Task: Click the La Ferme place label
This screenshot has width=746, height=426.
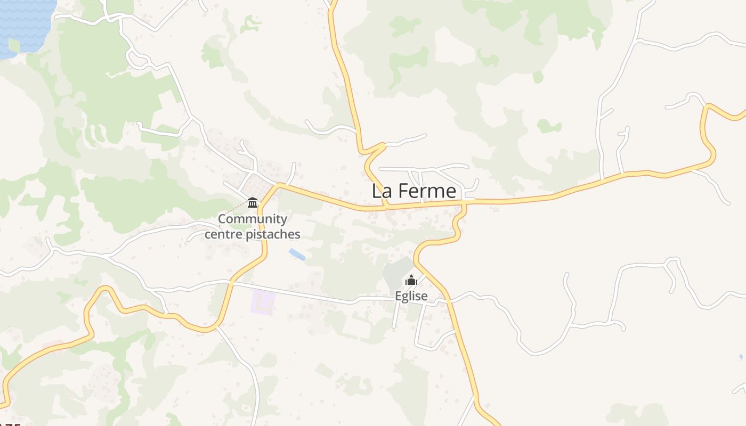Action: pos(413,191)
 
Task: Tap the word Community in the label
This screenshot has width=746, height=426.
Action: pos(253,219)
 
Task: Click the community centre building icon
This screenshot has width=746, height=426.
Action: pos(253,202)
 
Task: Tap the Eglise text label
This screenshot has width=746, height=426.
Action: pos(411,296)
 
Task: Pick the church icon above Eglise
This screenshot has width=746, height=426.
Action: pos(411,280)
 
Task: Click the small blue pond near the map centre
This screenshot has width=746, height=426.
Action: pos(297,255)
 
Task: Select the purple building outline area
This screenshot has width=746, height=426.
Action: pos(263,302)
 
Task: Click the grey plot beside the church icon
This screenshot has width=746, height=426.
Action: pos(397,273)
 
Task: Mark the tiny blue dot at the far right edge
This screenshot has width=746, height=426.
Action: pos(741,356)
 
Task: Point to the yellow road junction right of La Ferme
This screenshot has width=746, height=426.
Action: pos(465,202)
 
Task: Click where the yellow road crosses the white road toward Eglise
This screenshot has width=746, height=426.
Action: pos(231,282)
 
